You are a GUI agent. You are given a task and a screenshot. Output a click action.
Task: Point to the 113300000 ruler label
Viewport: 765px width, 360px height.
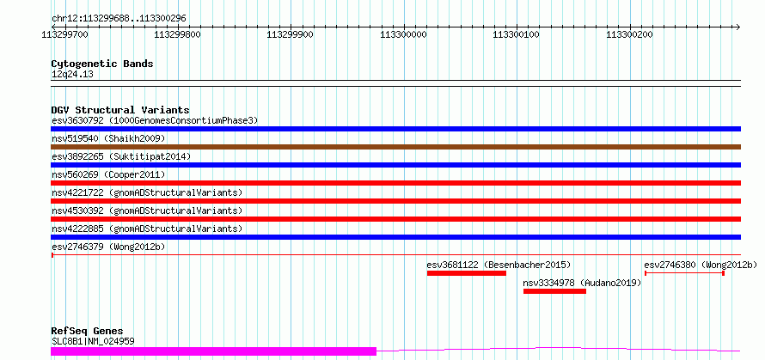tap(403, 35)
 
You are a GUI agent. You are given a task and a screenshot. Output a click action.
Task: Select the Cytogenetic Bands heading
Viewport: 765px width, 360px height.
tap(102, 64)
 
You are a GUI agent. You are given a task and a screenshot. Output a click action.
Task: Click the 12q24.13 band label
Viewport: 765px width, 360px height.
tap(72, 75)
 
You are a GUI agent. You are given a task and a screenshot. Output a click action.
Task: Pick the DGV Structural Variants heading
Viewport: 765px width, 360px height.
tap(119, 110)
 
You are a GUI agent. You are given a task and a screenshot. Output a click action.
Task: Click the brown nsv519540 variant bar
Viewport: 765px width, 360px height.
tap(395, 147)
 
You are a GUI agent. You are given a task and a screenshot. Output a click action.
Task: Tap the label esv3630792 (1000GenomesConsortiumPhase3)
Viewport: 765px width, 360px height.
tap(155, 120)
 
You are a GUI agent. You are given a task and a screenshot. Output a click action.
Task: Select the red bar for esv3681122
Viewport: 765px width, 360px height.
tap(466, 273)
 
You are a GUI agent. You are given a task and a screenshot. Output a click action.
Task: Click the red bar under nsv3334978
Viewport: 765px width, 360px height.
tap(554, 291)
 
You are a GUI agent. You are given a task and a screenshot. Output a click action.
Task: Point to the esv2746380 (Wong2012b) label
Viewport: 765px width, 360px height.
tap(701, 265)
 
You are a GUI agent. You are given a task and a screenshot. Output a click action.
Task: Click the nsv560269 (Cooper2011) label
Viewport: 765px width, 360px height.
tap(108, 174)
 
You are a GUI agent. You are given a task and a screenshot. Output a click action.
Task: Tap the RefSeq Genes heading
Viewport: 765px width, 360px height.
tap(87, 331)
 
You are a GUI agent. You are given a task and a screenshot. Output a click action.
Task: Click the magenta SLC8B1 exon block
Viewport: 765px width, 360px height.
tap(213, 351)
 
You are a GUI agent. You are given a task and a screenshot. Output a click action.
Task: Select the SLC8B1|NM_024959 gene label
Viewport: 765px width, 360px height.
tap(93, 341)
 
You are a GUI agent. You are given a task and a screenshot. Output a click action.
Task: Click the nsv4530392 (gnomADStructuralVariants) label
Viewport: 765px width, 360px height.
tap(147, 211)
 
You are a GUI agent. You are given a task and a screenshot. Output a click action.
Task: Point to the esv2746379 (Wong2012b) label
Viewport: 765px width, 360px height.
tap(108, 247)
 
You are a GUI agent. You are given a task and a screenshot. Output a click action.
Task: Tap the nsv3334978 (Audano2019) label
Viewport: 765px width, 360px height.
tap(582, 283)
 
